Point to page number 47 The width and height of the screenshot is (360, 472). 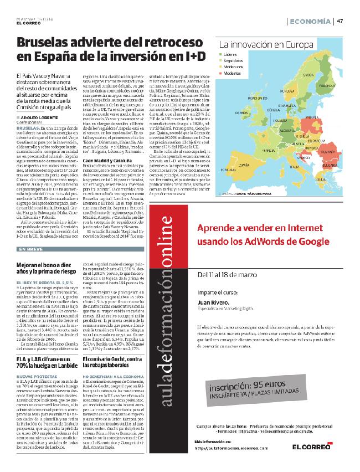point(340,21)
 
